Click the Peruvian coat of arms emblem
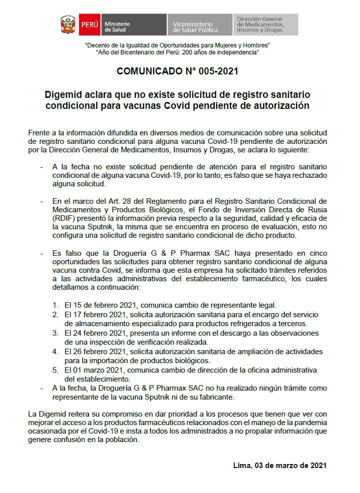tap(67, 24)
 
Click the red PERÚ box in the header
tap(89, 24)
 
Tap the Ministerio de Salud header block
tap(134, 24)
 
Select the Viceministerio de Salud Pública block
tap(199, 24)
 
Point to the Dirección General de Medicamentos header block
tap(265, 24)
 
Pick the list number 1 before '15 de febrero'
tap(55, 305)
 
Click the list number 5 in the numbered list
tap(55, 370)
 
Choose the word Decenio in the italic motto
tap(99, 45)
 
